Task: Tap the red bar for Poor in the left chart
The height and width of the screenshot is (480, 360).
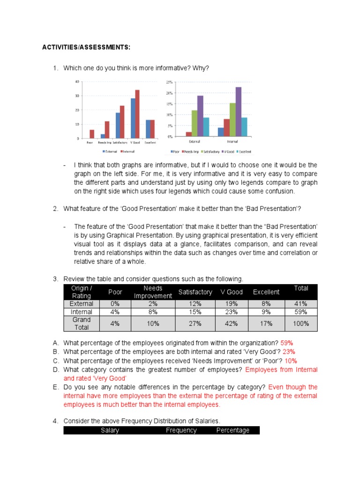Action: [92, 134]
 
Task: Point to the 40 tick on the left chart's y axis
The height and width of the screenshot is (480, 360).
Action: [77, 82]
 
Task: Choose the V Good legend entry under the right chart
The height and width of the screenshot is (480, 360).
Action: [229, 152]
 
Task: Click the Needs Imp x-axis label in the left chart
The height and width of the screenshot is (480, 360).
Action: [105, 143]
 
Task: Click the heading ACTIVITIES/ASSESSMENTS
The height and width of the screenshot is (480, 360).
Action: [86, 48]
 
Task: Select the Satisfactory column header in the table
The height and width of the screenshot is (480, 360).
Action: [195, 292]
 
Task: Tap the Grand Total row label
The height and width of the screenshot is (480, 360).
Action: [82, 323]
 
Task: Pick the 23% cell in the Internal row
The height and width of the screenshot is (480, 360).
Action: [232, 312]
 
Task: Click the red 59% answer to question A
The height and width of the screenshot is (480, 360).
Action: [287, 343]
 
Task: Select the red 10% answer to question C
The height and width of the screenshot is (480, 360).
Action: [291, 360]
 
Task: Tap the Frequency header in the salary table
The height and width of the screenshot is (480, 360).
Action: [181, 430]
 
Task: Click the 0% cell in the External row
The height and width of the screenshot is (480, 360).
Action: [115, 304]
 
